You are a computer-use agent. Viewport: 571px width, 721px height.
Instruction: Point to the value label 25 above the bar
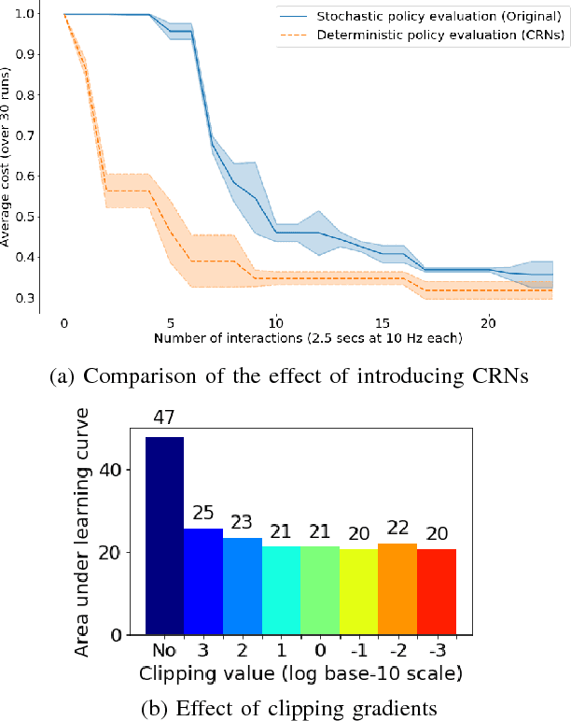click(x=203, y=513)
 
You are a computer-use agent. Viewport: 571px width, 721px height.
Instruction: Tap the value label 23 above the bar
click(x=242, y=521)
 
